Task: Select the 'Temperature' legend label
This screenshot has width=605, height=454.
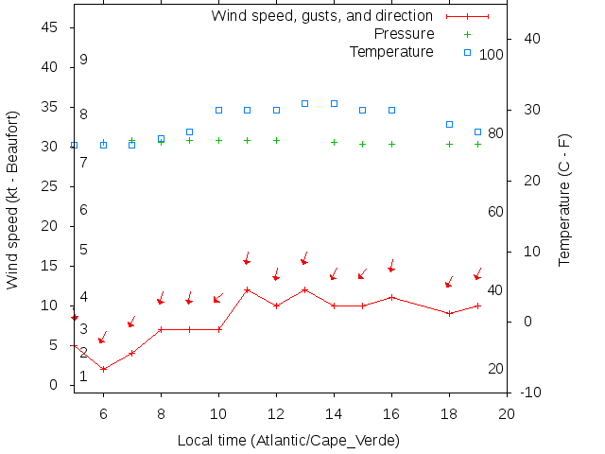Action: (391, 51)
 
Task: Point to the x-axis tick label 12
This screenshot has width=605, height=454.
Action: (276, 413)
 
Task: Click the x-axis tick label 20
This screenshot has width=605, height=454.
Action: (507, 413)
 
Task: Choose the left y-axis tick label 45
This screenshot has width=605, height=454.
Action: (53, 28)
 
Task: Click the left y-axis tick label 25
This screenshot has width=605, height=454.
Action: (53, 187)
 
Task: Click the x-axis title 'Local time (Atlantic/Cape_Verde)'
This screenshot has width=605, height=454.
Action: (288, 441)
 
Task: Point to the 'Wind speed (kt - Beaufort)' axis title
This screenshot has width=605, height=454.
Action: (13, 200)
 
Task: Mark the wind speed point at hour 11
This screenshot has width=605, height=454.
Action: (247, 290)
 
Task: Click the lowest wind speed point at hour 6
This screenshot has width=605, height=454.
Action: (103, 369)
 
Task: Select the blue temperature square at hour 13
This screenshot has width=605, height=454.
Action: (304, 103)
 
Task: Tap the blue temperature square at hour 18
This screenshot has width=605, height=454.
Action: (449, 124)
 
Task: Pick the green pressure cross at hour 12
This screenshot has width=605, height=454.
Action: (276, 140)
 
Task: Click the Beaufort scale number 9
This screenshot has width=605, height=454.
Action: (84, 60)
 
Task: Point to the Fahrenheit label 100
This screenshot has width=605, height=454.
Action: (492, 55)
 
